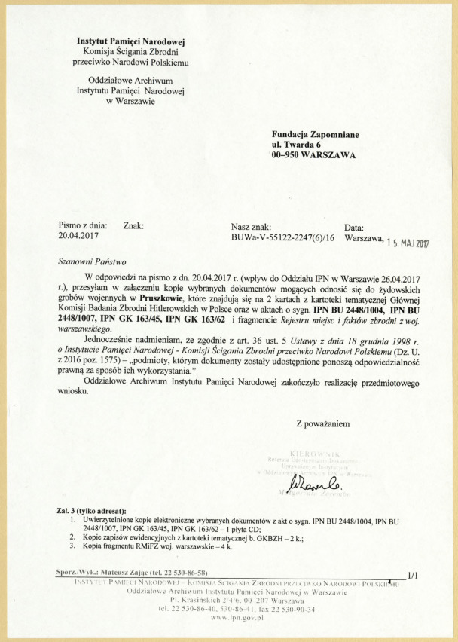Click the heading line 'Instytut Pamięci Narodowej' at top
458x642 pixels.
(131, 41)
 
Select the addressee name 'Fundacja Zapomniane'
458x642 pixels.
(315, 135)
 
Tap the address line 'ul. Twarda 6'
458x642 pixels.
(297, 145)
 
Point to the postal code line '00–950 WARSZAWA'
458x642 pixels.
(315, 157)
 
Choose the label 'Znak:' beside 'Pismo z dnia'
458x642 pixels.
(133, 225)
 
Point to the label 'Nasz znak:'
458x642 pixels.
(256, 225)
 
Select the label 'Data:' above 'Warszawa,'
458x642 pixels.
(354, 225)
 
